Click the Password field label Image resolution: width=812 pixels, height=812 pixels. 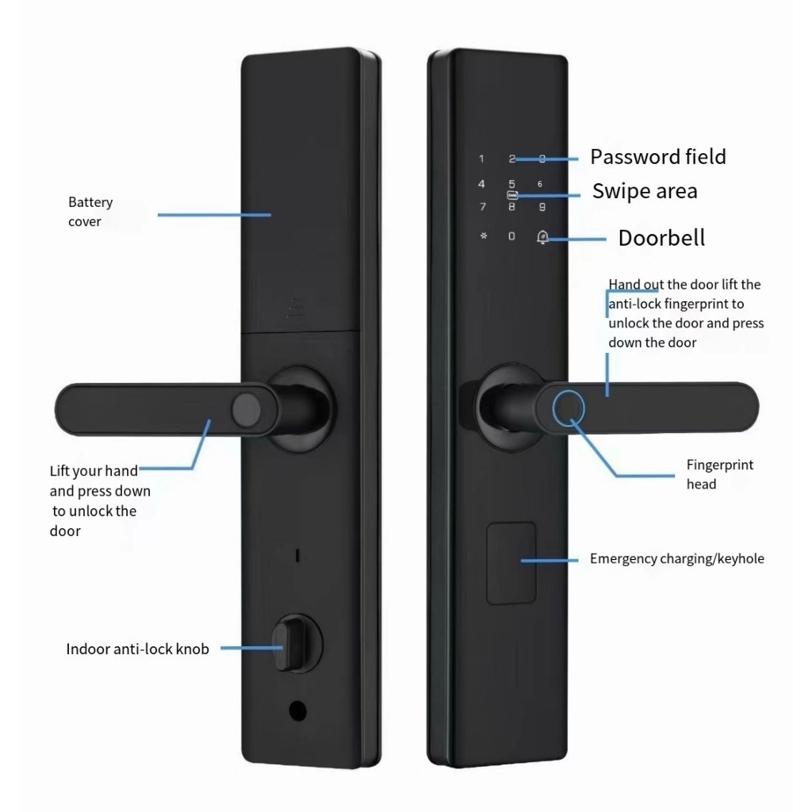pos(657,156)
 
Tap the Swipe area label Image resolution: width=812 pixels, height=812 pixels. pos(645,191)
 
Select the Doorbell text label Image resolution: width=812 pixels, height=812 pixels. pos(661,238)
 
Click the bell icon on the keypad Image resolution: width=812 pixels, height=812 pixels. pos(542,236)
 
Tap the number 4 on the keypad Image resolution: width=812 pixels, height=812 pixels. pos(481,185)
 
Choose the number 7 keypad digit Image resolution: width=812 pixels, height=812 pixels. pos(481,208)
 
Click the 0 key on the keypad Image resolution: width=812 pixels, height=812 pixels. pos(511,236)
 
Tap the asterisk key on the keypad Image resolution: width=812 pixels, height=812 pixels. pos(481,236)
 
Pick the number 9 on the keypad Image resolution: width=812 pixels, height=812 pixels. pos(542,208)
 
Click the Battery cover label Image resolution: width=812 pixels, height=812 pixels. pos(90,212)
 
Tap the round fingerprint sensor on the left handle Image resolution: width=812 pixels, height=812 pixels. pos(246,409)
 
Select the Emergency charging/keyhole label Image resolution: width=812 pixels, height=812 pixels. pos(676,559)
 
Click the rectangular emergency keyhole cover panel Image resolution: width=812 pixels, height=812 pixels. pos(510,563)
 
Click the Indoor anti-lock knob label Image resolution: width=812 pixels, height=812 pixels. pos(137,649)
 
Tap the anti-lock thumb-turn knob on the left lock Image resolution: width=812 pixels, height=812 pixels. pos(281,646)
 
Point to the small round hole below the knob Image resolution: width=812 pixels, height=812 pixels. pos(297,708)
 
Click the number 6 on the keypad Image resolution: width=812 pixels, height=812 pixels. pos(540,185)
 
